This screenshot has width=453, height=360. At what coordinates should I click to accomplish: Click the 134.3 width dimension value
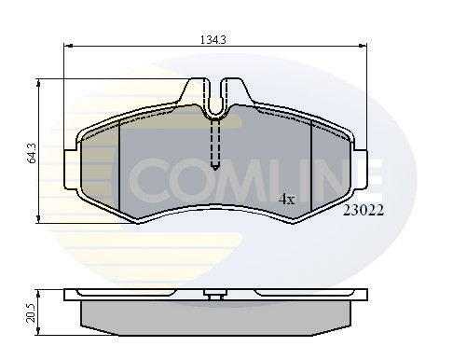[213, 40]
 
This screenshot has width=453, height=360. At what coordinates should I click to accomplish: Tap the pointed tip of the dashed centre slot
[215, 168]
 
